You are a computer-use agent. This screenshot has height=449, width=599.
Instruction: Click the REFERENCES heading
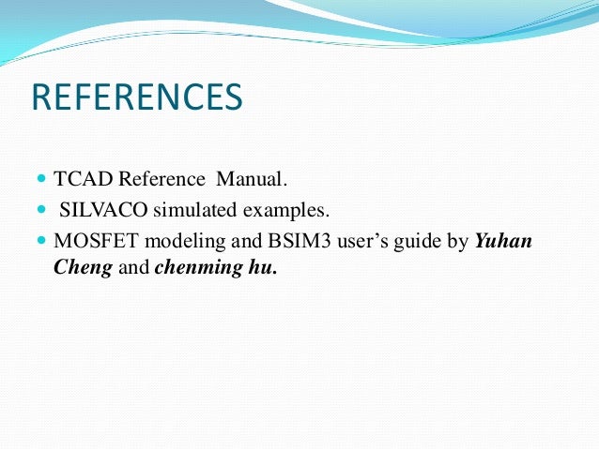click(137, 98)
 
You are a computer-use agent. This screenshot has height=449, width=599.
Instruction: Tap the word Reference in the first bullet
click(163, 178)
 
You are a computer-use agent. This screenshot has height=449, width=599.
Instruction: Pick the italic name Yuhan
click(503, 241)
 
